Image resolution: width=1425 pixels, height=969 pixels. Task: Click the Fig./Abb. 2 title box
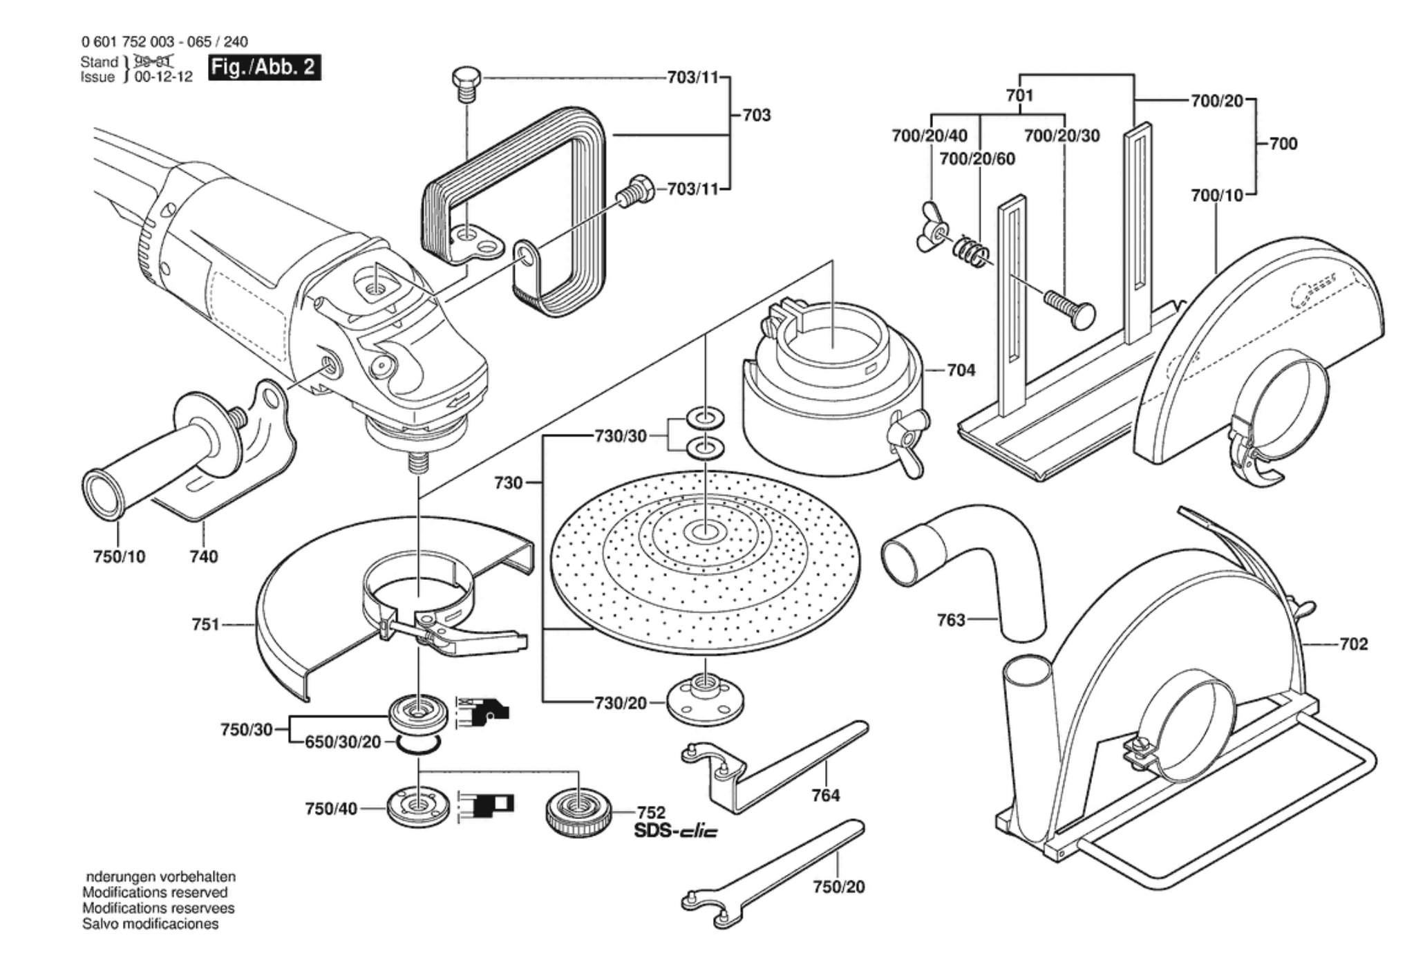(x=265, y=68)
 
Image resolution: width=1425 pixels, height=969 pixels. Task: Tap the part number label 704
(x=961, y=370)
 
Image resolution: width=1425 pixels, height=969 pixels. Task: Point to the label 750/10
(x=119, y=556)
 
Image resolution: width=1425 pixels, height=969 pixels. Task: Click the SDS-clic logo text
(x=675, y=831)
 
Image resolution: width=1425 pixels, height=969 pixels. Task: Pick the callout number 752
(x=650, y=813)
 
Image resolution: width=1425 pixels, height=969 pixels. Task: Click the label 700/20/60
(x=977, y=159)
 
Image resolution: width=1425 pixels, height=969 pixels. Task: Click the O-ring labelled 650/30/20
(x=418, y=744)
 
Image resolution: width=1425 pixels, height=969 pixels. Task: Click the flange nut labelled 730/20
(x=705, y=702)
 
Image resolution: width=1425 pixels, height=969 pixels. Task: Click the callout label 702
(x=1353, y=644)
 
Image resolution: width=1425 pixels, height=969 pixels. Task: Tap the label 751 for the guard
(x=205, y=625)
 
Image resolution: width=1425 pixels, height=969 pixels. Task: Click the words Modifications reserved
(x=155, y=892)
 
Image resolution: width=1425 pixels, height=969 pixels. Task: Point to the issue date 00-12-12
(x=164, y=77)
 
